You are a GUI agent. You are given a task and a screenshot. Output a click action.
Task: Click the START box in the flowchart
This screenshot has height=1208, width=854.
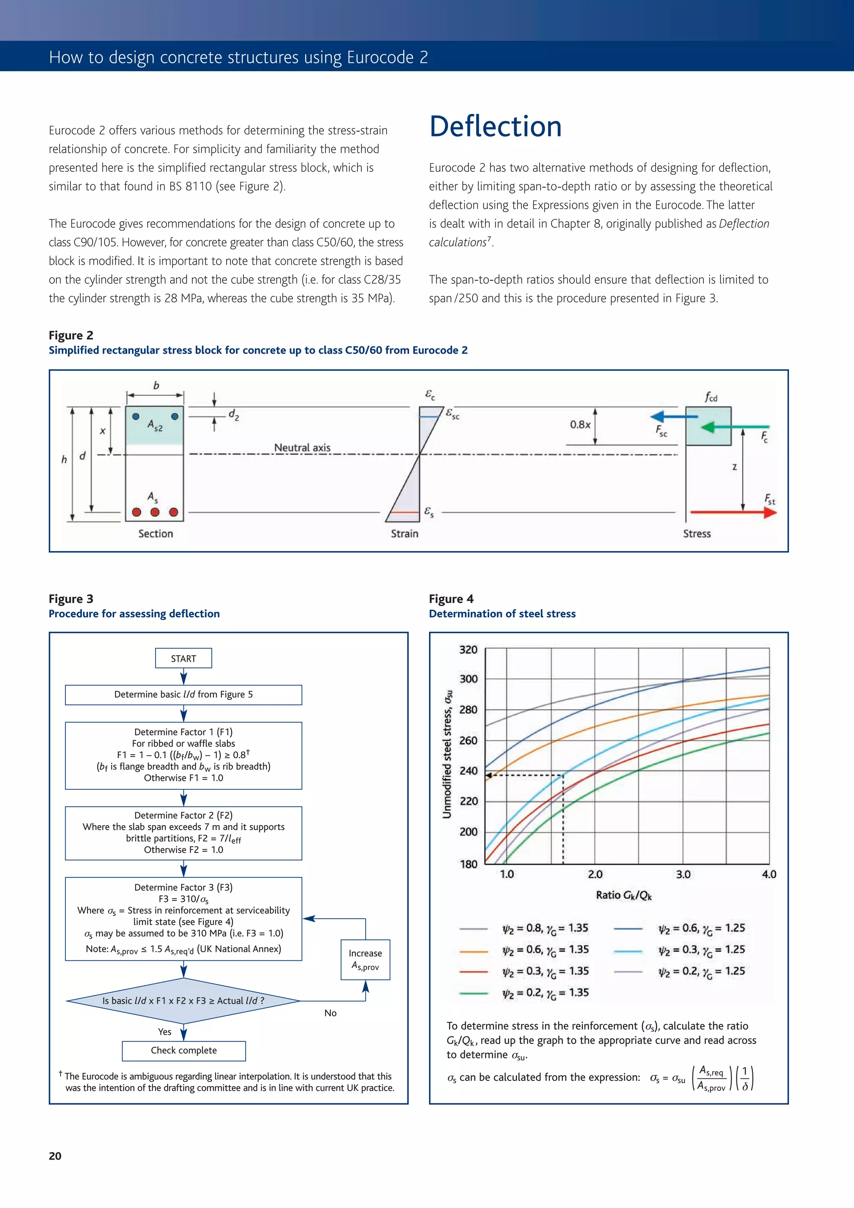(183, 658)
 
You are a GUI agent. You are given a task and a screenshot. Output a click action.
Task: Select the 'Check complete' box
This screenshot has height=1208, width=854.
(183, 1050)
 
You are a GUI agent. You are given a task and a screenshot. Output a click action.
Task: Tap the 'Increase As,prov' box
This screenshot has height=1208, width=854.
(365, 959)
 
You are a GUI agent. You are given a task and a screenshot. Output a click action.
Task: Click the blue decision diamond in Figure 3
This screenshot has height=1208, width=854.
(183, 1001)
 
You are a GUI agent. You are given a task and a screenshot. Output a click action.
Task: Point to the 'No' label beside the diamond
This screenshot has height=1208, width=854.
(330, 1013)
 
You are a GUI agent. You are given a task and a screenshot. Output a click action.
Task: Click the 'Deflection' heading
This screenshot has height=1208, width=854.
(495, 127)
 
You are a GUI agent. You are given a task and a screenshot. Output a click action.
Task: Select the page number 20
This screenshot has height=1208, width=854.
(55, 1156)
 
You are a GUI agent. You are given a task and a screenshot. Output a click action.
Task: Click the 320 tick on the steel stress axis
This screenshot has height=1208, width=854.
(468, 650)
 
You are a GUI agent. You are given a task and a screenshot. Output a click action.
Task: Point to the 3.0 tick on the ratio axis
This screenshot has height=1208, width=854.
(683, 874)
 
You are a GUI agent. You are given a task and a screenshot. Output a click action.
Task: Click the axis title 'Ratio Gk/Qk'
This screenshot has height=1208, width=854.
(623, 895)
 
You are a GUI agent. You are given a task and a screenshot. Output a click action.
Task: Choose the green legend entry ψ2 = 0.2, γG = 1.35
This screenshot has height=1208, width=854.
(545, 993)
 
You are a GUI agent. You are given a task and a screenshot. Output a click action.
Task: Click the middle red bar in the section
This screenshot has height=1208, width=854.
(155, 512)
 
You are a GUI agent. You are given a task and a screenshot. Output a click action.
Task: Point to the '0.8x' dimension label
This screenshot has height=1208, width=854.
(580, 424)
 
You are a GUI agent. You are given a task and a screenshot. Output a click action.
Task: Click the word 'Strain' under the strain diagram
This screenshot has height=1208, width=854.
(404, 533)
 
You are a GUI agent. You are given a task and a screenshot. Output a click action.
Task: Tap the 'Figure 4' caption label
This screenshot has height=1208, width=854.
(451, 599)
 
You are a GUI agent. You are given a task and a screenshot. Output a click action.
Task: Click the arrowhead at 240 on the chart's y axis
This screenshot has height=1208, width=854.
(488, 776)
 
